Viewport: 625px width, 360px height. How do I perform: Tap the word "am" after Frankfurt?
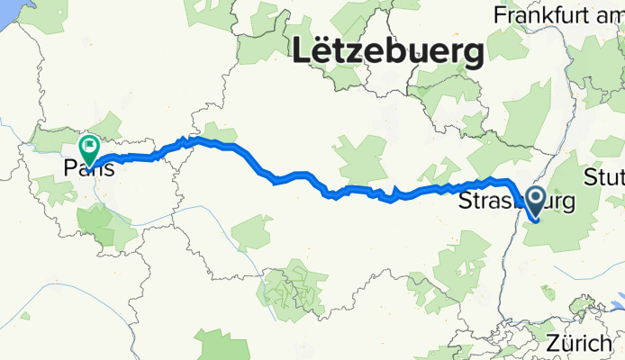(608, 15)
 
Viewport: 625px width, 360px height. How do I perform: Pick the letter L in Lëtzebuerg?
(298, 52)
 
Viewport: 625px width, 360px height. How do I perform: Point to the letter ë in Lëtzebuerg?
(319, 52)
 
